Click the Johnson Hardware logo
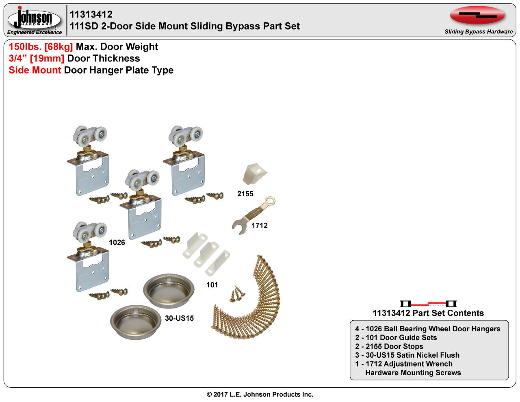pos(34,20)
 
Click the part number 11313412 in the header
pos(91,15)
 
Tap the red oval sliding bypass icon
pos(477,15)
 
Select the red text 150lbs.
pos(25,47)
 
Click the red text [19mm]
pos(47,59)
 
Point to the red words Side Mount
pos(35,70)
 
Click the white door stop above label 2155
pos(254,174)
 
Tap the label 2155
pos(245,194)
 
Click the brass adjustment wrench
pos(253,215)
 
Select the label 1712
pos(260,226)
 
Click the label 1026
pos(117,243)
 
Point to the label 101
pos(212,285)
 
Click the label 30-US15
pos(179,318)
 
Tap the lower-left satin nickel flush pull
pos(136,322)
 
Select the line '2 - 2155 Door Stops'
pos(389,346)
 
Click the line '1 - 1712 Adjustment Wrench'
pos(404,364)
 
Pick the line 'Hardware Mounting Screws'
pos(413,373)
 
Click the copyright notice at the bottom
pos(260,394)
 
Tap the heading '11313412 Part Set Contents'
pos(428,313)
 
